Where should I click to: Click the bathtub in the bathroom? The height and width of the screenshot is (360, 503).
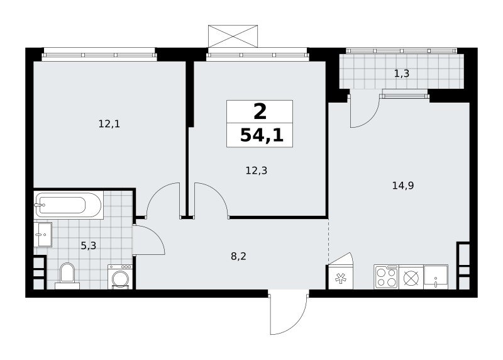[x=69, y=205]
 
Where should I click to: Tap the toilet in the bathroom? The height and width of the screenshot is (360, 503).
[x=67, y=276]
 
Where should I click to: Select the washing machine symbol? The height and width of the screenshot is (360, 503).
[x=120, y=277]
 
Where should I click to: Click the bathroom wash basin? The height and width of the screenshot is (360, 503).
[x=43, y=234]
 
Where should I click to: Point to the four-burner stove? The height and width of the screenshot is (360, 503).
[x=386, y=277]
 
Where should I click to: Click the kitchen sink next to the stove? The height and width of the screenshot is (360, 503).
[x=436, y=277]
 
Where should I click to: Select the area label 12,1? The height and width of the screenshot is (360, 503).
[x=109, y=124]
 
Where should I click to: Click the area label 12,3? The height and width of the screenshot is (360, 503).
[x=257, y=171]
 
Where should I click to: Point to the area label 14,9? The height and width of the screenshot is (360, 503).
[x=403, y=185]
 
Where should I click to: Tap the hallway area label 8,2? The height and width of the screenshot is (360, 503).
[x=239, y=256]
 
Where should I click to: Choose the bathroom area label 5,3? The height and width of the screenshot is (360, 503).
[x=88, y=246]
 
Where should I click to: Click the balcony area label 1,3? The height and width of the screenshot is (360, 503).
[x=402, y=74]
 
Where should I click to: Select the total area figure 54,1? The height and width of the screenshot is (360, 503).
[x=262, y=135]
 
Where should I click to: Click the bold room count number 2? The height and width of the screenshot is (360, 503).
[x=260, y=112]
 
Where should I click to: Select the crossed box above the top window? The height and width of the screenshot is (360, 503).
[x=233, y=36]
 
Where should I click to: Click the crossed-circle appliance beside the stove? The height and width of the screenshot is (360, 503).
[x=411, y=277]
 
